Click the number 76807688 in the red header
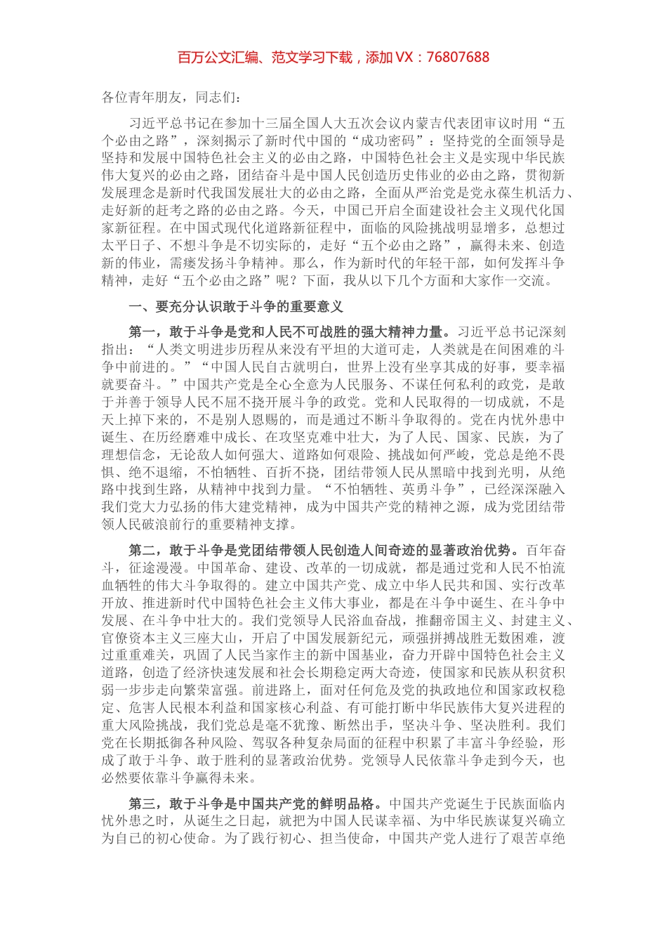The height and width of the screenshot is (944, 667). (457, 58)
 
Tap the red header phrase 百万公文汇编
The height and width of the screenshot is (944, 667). (211, 58)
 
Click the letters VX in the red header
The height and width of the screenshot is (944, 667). (405, 58)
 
